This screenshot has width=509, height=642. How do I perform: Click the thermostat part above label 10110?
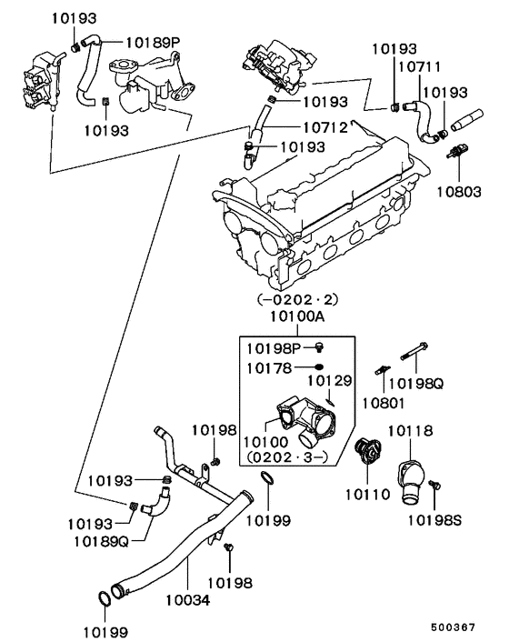pos(370,450)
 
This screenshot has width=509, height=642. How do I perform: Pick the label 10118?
pos(410,431)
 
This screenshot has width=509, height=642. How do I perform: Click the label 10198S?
pos(434,520)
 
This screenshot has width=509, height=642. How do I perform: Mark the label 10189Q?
pos(100,541)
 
